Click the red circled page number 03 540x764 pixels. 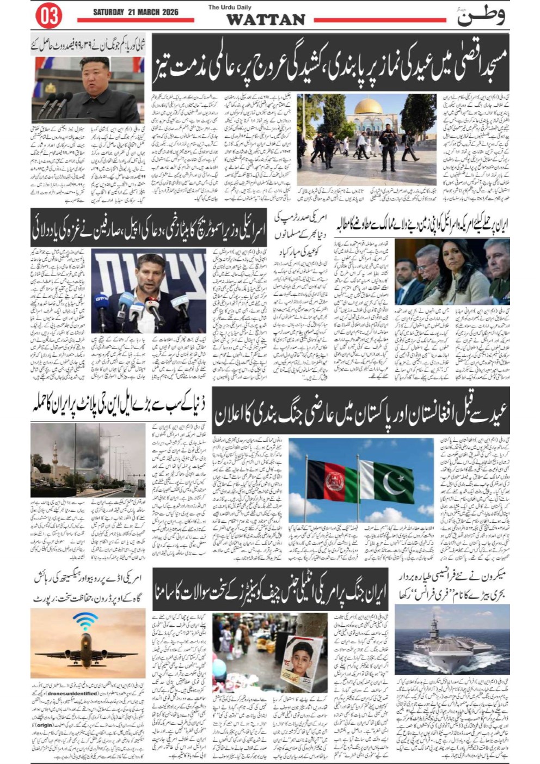48,16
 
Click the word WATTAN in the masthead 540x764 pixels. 265,20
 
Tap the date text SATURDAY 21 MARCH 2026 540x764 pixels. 136,12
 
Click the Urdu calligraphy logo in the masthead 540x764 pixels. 480,16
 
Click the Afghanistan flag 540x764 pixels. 326,479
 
